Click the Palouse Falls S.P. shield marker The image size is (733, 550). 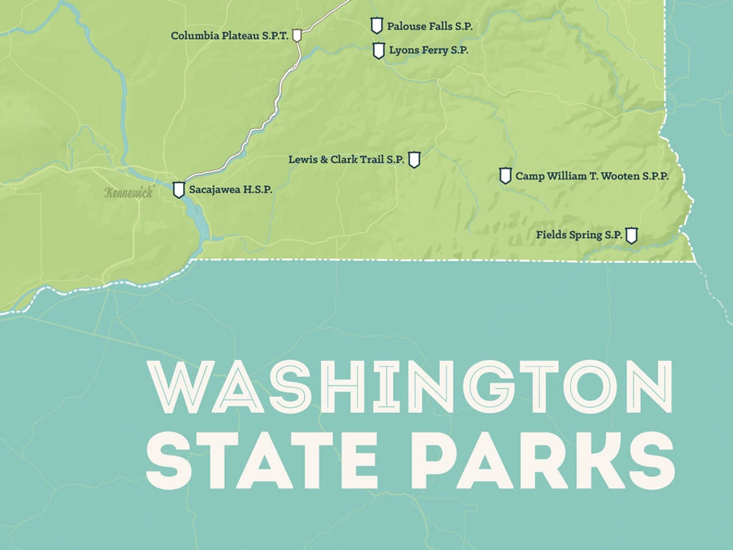pyautogui.click(x=377, y=26)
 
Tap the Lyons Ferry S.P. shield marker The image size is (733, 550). pyautogui.click(x=379, y=50)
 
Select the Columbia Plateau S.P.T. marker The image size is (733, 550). pyautogui.click(x=296, y=35)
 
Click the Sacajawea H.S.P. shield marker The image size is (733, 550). pyautogui.click(x=179, y=190)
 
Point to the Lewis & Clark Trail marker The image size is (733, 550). pyautogui.click(x=414, y=160)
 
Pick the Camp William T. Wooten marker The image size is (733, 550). pyautogui.click(x=505, y=176)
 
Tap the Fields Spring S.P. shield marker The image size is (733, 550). pyautogui.click(x=631, y=235)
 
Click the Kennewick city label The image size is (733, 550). pyautogui.click(x=129, y=192)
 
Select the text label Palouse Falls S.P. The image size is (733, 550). pyautogui.click(x=430, y=26)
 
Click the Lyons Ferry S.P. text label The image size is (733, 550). pyautogui.click(x=429, y=50)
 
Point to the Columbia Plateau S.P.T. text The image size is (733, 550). pyautogui.click(x=230, y=36)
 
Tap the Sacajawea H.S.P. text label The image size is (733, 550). pyautogui.click(x=230, y=190)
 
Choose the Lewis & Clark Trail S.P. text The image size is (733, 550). pyautogui.click(x=346, y=160)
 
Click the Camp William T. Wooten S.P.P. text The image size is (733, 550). pyautogui.click(x=592, y=176)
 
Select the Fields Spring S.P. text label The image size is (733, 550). pyautogui.click(x=579, y=235)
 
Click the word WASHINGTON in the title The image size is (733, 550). pyautogui.click(x=410, y=387)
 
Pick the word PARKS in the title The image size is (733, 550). pyautogui.click(x=541, y=461)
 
